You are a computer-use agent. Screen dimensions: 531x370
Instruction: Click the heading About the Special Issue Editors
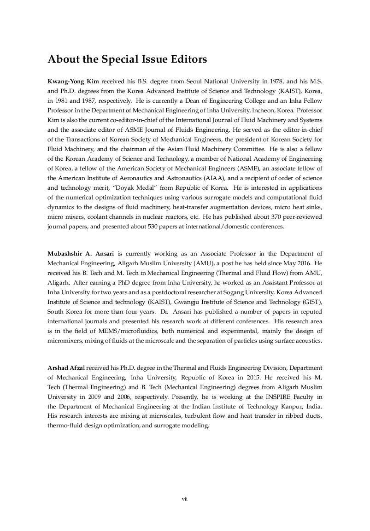(x=127, y=59)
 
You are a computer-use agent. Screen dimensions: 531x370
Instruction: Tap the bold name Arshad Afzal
(x=66, y=368)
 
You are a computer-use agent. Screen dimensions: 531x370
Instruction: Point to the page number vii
(x=185, y=499)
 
